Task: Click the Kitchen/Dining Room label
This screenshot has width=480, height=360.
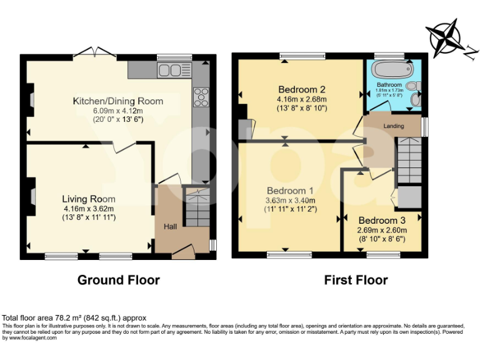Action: click(x=118, y=101)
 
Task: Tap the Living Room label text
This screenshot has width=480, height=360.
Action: click(x=89, y=199)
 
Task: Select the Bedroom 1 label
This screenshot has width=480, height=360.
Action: click(x=290, y=191)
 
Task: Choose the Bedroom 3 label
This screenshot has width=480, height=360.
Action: click(x=382, y=221)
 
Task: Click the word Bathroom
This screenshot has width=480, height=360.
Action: click(x=389, y=84)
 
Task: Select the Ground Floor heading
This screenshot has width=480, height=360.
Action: click(x=118, y=280)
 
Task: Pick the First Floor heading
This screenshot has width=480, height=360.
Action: click(x=356, y=280)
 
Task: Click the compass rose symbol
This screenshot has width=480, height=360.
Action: click(x=447, y=37)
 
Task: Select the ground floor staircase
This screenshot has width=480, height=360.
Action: click(x=199, y=211)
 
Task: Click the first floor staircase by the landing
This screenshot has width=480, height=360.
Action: click(x=411, y=161)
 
